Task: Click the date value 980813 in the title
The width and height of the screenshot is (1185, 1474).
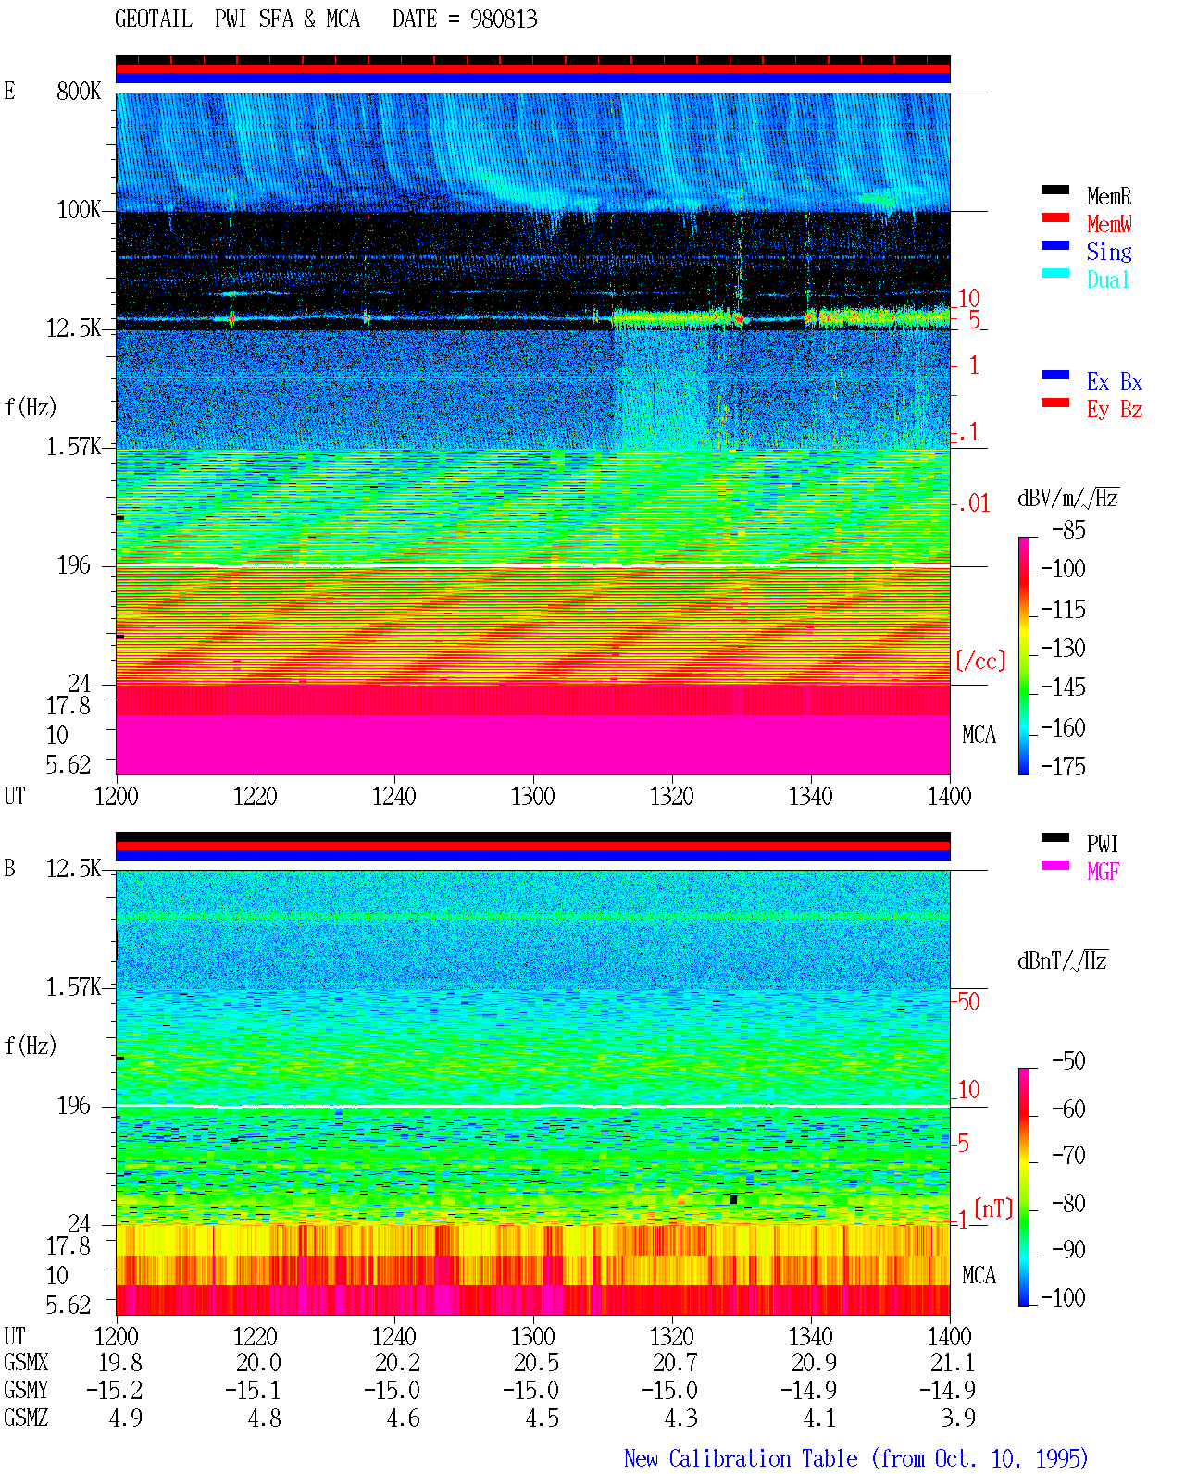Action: click(x=503, y=19)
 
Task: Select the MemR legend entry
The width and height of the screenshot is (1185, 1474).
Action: click(x=1108, y=196)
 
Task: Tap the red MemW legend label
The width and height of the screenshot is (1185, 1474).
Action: click(x=1108, y=224)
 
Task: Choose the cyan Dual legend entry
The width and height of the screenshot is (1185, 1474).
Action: click(x=1107, y=279)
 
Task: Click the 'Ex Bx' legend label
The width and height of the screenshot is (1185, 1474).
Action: click(x=1114, y=381)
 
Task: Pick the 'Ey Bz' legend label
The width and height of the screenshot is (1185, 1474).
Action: click(x=1114, y=410)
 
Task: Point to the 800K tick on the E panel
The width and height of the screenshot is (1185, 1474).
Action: click(x=78, y=91)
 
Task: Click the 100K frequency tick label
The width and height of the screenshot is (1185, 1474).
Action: click(x=78, y=210)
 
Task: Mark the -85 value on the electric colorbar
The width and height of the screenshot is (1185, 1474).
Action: click(x=1067, y=529)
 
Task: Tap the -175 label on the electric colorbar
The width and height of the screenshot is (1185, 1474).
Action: click(x=1062, y=766)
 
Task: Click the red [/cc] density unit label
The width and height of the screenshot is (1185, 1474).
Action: click(x=980, y=661)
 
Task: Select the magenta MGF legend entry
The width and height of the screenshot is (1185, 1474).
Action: click(x=1103, y=872)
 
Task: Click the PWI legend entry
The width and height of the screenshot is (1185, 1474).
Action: click(x=1102, y=844)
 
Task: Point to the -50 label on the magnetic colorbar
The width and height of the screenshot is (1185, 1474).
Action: click(x=1067, y=1061)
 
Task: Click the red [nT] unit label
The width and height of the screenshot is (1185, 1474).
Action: click(x=993, y=1208)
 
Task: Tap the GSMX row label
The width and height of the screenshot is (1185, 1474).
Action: click(x=26, y=1362)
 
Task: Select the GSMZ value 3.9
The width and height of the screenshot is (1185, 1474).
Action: click(x=957, y=1418)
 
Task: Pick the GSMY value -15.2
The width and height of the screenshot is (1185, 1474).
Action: click(x=114, y=1390)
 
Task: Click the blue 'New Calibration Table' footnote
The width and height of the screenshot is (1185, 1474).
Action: click(x=741, y=1458)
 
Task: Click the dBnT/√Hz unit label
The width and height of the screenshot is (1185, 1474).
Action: click(x=1062, y=960)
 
